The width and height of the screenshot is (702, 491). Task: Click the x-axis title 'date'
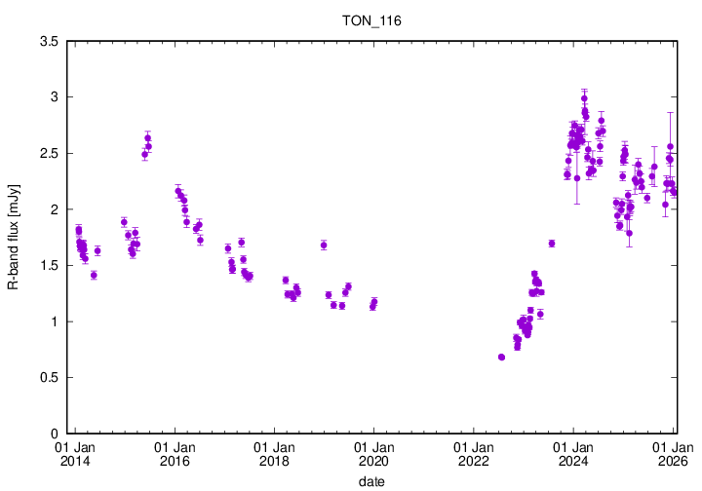point(370,481)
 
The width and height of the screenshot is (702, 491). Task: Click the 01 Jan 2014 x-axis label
point(75,454)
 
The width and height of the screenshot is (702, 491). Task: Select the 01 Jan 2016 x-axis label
point(175,454)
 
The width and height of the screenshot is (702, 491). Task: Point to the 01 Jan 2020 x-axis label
point(373,454)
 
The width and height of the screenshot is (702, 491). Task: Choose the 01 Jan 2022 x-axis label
point(473,454)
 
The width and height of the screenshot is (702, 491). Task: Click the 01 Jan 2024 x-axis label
point(573,454)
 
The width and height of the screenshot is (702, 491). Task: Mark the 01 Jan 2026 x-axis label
point(673,454)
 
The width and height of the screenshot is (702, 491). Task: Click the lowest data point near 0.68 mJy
point(501,358)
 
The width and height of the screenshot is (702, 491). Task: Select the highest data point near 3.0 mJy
point(584,98)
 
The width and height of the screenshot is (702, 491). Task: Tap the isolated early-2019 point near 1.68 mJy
point(324,245)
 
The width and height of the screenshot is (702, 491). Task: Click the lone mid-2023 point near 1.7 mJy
point(552,244)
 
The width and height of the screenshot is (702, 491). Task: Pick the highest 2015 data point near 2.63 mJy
point(148,138)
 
